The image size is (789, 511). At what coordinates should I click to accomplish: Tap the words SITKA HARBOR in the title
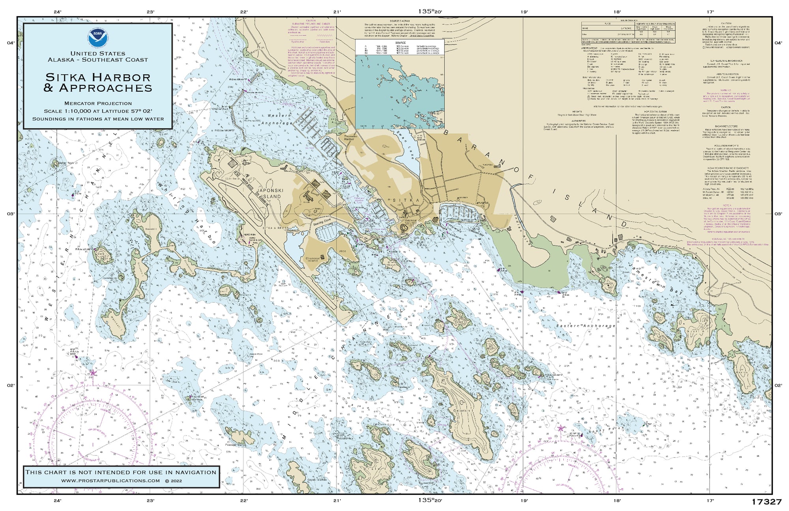click(98, 77)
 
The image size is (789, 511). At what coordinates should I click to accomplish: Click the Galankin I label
click(465, 411)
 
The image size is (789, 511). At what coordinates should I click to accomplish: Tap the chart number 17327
click(766, 502)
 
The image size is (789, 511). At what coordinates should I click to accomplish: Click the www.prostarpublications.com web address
click(110, 481)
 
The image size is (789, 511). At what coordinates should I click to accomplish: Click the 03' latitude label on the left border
click(11, 214)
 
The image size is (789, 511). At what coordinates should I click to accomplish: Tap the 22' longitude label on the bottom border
click(244, 500)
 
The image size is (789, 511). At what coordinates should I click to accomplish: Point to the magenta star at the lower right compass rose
click(561, 428)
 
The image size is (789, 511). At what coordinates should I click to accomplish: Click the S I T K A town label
click(406, 201)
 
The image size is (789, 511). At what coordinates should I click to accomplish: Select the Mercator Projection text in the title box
click(98, 103)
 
